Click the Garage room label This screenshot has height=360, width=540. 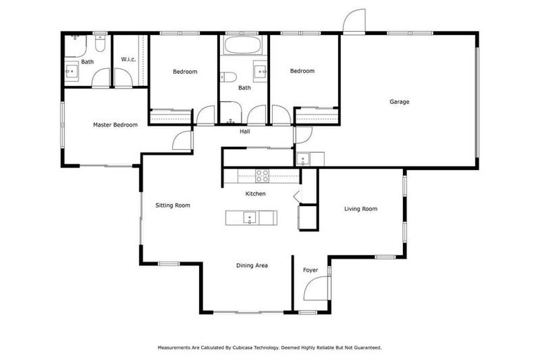point(399,102)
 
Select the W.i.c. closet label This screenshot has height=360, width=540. point(128,59)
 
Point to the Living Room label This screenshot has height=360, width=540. point(361,209)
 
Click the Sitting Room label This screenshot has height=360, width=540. point(173,205)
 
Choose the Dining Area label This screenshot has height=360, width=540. point(252,266)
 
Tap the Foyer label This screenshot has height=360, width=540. point(310,270)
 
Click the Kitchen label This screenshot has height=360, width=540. point(255,193)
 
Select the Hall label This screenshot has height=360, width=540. point(245,131)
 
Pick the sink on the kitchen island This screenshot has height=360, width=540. point(249,218)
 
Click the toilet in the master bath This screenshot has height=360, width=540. point(100,45)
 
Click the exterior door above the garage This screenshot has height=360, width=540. point(354,21)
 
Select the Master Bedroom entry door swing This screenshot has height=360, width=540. point(183,140)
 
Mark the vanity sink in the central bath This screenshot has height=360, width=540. point(259,72)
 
